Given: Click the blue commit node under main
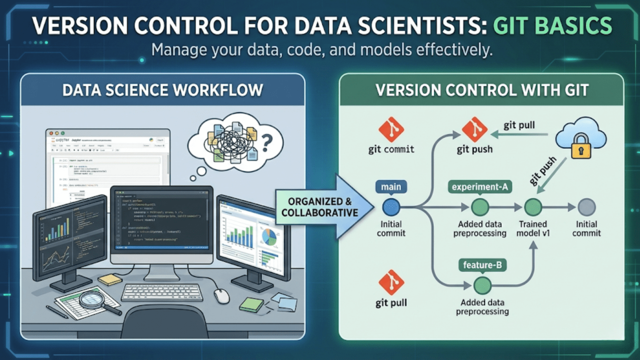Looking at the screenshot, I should click(391, 207).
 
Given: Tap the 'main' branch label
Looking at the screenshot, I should click(391, 187).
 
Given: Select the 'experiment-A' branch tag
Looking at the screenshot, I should click(480, 187).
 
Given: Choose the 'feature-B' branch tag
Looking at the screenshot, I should click(482, 265).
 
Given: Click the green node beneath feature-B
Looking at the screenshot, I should click(482, 285).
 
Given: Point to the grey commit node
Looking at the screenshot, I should click(587, 207).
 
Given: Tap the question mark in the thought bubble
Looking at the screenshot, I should click(267, 142).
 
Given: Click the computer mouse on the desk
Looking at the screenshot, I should click(221, 296).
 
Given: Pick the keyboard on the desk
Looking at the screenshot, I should click(162, 292).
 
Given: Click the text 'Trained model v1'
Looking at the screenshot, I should click(533, 229).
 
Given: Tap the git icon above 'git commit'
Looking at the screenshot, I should click(391, 130).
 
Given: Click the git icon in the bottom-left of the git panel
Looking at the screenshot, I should click(391, 282).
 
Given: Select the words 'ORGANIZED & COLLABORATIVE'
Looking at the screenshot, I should click(320, 207).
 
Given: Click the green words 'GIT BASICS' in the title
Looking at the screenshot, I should click(552, 26).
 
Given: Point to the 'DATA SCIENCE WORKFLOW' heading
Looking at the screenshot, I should click(162, 90).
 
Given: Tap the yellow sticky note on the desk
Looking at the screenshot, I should click(110, 280).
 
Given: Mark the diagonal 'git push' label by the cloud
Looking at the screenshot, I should click(543, 171).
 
